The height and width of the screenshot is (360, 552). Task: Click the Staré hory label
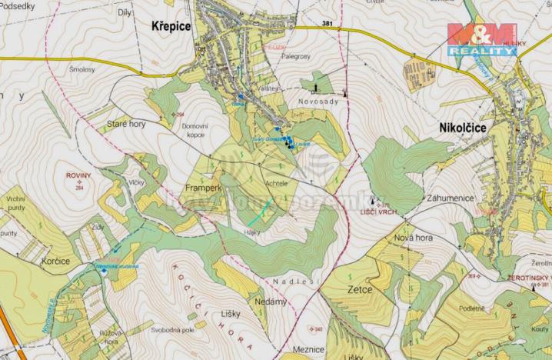tap(126, 123)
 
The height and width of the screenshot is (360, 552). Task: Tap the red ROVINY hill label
tap(78, 175)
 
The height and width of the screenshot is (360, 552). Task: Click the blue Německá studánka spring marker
tap(104, 271)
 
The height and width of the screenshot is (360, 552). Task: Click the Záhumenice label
tap(451, 196)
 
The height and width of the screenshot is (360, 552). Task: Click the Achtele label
tap(276, 183)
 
